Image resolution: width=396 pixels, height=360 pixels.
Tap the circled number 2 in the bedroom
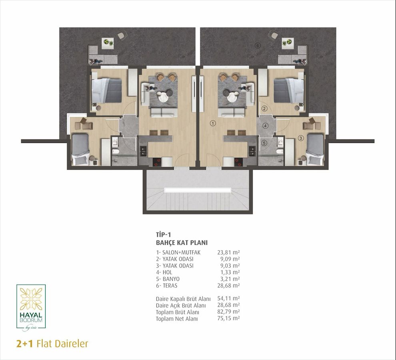(264, 109)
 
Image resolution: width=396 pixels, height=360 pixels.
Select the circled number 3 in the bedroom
(300, 138)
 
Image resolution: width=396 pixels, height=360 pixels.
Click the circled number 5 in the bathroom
(264, 143)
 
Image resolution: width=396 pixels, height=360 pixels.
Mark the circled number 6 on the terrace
(257, 46)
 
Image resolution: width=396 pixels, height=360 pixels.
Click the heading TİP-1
(164, 234)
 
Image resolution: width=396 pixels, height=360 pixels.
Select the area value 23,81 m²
(228, 252)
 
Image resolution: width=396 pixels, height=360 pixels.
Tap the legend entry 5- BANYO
(168, 279)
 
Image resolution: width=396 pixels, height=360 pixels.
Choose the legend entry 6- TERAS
(167, 286)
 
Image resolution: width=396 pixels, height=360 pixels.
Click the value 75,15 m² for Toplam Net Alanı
(228, 318)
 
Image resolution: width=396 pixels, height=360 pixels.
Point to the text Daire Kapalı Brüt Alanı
(183, 299)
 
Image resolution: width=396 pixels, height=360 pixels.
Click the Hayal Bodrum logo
(31, 308)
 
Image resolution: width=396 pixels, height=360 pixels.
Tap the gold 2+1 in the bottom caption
(24, 344)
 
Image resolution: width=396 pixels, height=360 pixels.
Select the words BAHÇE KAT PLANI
(182, 243)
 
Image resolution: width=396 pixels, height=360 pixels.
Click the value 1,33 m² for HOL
(230, 272)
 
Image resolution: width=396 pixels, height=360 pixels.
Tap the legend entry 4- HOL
(164, 272)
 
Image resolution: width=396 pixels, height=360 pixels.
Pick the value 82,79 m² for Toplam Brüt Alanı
(228, 312)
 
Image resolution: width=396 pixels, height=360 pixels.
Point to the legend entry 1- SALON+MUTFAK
(178, 252)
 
